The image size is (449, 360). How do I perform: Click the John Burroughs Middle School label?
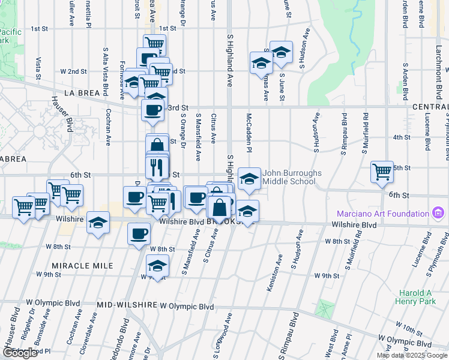tap(289, 177)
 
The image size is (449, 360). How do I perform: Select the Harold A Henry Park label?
tap(415, 297)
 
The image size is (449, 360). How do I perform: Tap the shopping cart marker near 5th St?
tap(382, 172)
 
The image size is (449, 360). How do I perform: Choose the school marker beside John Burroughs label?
tap(250, 178)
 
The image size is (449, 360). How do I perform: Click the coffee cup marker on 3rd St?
tap(152, 109)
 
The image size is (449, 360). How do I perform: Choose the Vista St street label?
tap(38, 68)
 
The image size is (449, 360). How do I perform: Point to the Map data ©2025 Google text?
tap(412, 355)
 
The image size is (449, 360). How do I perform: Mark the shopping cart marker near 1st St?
tap(154, 43)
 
